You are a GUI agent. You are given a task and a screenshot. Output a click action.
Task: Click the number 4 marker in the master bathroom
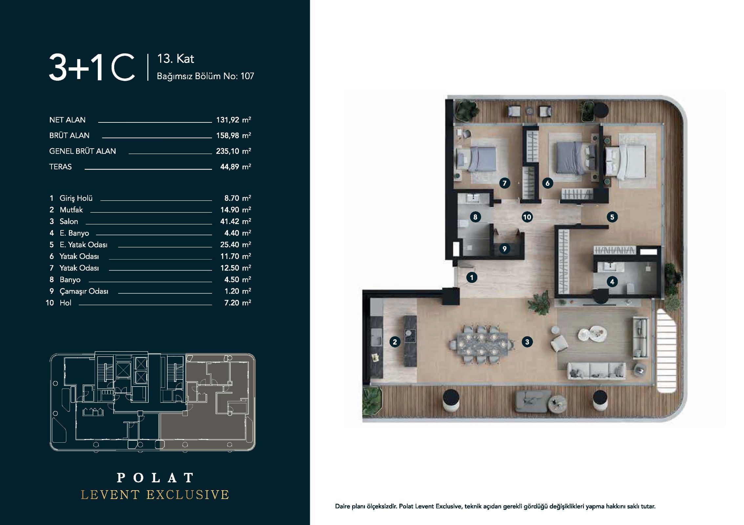pyautogui.click(x=612, y=281)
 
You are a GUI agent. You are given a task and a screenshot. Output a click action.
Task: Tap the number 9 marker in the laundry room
pyautogui.click(x=504, y=249)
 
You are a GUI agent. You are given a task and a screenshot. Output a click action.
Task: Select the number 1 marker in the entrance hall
pyautogui.click(x=472, y=278)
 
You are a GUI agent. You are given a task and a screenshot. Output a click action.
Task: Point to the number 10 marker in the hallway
pyautogui.click(x=527, y=217)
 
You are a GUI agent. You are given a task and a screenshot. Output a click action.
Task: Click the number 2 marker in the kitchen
pyautogui.click(x=395, y=342)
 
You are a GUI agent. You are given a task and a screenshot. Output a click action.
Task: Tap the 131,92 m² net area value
pyautogui.click(x=234, y=120)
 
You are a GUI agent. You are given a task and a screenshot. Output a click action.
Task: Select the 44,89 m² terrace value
pyautogui.click(x=236, y=167)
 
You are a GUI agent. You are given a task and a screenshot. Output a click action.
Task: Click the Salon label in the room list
pyautogui.click(x=69, y=221)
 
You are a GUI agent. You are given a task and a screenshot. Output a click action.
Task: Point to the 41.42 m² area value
pyautogui.click(x=236, y=221)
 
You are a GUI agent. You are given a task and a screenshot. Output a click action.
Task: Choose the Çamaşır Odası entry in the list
pyautogui.click(x=84, y=291)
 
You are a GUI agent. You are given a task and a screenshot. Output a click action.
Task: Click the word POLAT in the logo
pyautogui.click(x=156, y=478)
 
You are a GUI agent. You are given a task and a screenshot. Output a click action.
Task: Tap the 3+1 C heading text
pyautogui.click(x=92, y=67)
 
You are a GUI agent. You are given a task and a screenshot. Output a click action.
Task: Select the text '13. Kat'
pyautogui.click(x=176, y=59)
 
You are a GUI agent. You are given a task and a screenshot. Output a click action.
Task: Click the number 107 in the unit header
pyautogui.click(x=247, y=76)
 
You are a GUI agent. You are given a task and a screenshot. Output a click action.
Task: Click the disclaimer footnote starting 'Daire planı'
pyautogui.click(x=495, y=506)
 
